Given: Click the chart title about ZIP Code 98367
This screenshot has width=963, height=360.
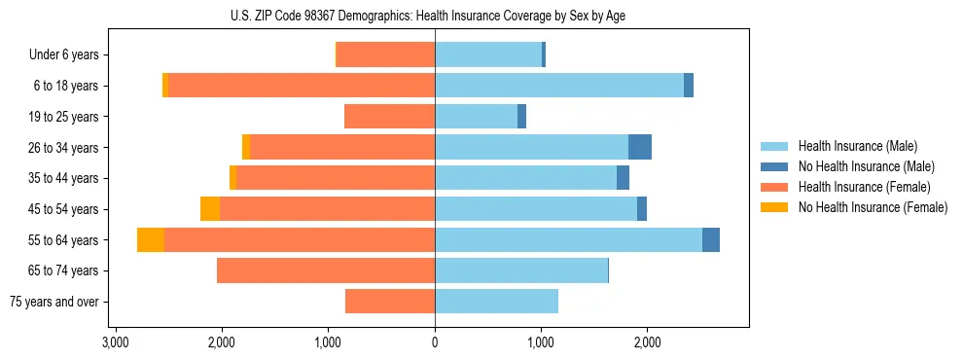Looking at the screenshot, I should [434, 16].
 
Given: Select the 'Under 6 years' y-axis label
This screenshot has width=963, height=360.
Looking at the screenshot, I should [70, 55].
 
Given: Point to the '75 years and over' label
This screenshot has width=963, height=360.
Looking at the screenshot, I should [56, 302].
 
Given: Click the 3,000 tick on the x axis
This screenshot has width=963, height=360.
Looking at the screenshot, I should [115, 342].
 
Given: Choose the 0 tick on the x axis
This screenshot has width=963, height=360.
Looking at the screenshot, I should [435, 342].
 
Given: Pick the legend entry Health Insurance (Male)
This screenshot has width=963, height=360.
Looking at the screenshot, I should [857, 147].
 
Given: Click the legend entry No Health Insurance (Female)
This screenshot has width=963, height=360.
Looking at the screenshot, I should [873, 207].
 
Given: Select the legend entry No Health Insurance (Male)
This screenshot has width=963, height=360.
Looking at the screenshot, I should [866, 167].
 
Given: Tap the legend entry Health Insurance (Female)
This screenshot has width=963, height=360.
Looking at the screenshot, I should [864, 187].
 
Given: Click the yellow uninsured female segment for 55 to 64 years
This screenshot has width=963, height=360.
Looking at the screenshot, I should [151, 239].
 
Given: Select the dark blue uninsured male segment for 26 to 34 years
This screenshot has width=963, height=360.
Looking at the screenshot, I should [640, 147].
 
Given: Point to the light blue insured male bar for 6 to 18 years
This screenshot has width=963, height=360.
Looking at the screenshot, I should [559, 86].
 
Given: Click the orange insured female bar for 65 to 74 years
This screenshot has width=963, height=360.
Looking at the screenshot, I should [326, 270].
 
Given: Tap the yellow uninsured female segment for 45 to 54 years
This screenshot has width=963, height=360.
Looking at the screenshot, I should [210, 209].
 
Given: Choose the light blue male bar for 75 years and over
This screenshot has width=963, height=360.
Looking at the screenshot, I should [496, 302].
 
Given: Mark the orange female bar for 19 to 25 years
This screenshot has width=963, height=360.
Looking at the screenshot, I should [389, 117].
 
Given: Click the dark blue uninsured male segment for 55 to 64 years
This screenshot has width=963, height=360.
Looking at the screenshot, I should [711, 239].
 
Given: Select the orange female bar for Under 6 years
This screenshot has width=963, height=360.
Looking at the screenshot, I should [385, 55].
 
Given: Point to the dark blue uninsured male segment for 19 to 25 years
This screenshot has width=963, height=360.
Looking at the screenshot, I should [521, 117].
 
